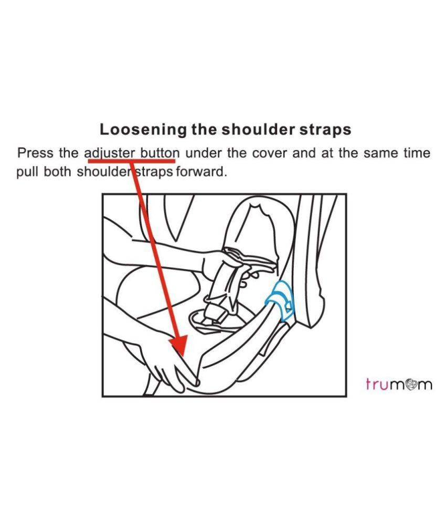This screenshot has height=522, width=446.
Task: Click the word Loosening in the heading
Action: [143, 130]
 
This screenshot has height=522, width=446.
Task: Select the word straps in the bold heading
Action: [325, 130]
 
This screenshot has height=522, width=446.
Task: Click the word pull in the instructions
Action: [27, 173]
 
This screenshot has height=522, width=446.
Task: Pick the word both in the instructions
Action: [57, 172]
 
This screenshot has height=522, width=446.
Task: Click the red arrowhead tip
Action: [183, 356]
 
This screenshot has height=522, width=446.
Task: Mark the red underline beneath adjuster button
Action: [132, 161]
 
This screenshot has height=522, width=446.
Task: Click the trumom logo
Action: [399, 384]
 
